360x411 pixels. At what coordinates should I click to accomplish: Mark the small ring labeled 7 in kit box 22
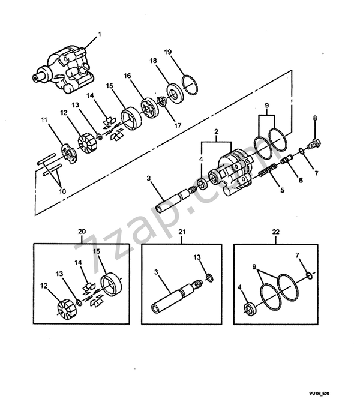pyautogui.click(x=308, y=276)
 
